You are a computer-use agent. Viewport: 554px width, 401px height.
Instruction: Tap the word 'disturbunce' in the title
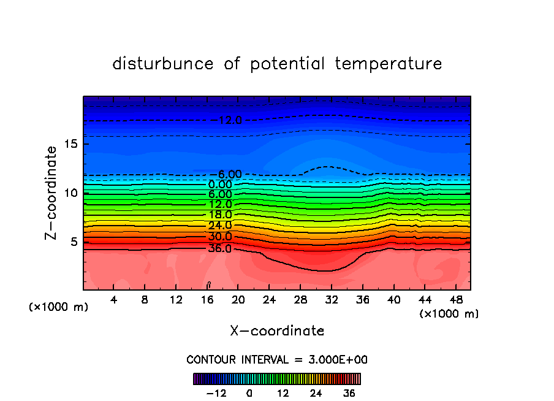(x=164, y=64)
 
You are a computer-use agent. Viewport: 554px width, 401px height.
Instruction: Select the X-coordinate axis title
(x=277, y=331)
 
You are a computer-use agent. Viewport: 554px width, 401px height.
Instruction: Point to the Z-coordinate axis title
(x=52, y=193)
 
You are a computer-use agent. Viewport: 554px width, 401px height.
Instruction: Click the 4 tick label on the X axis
(x=113, y=300)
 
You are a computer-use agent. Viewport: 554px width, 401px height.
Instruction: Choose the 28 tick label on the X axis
(x=300, y=300)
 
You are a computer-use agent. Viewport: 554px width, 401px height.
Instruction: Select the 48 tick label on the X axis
(x=455, y=300)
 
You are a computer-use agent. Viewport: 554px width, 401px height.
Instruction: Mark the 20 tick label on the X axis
(x=238, y=300)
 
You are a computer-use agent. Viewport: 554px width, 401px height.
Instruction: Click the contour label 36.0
(x=220, y=248)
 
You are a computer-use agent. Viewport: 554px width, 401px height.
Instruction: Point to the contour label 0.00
(x=220, y=185)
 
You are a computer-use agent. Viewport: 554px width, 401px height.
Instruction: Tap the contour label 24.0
(x=220, y=226)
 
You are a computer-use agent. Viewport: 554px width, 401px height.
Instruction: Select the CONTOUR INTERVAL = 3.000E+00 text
(x=277, y=359)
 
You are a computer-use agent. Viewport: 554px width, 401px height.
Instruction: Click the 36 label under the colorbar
(x=349, y=393)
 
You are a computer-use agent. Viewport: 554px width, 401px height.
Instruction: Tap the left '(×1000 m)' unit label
(x=58, y=307)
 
